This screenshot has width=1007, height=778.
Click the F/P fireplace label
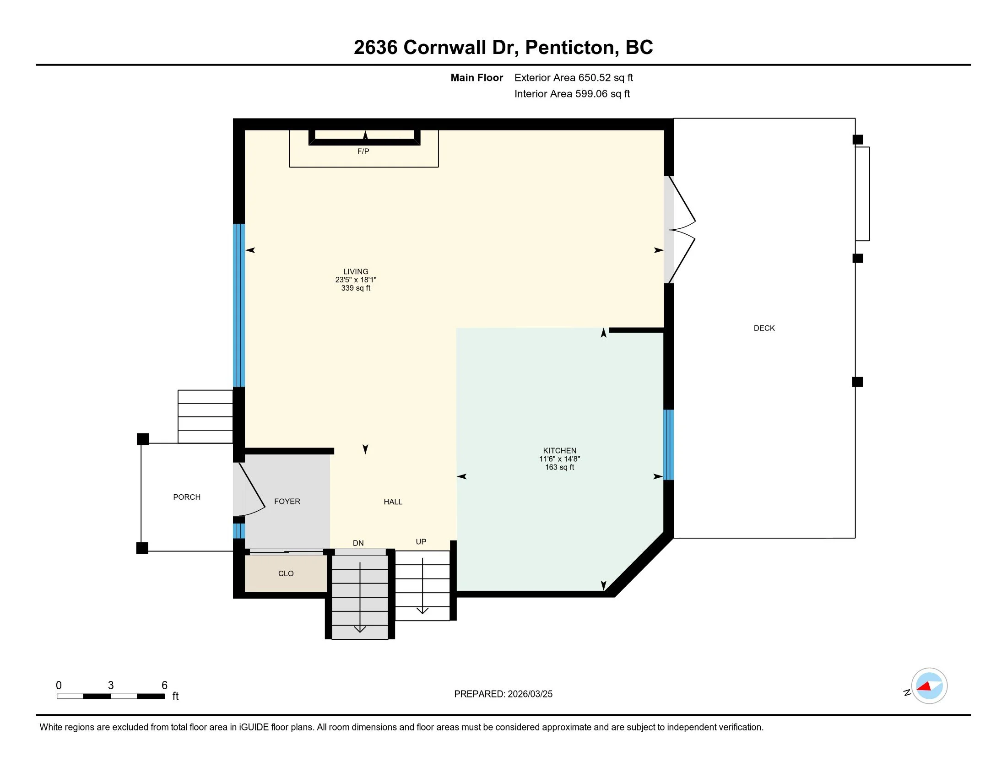coord(363,151)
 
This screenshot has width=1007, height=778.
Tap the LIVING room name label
coord(356,271)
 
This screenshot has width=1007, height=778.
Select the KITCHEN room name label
coord(559,450)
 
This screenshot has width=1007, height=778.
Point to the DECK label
coord(764,328)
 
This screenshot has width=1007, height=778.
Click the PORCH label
coord(187,497)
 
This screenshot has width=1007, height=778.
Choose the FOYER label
coord(287,502)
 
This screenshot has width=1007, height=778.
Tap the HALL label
coord(393,502)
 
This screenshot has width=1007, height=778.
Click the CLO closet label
coord(286,573)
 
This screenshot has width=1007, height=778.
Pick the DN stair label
coord(358,543)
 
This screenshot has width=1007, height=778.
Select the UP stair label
coord(421,541)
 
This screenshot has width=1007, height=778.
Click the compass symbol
coord(929,686)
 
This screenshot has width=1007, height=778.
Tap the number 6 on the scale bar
coord(164,686)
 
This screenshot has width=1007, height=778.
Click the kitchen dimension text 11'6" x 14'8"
coord(559,459)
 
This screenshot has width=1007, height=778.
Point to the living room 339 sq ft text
coord(356,288)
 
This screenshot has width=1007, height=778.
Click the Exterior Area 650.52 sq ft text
coord(574,77)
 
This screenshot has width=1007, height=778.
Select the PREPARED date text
coord(503,694)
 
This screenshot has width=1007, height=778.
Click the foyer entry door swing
coord(249,489)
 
